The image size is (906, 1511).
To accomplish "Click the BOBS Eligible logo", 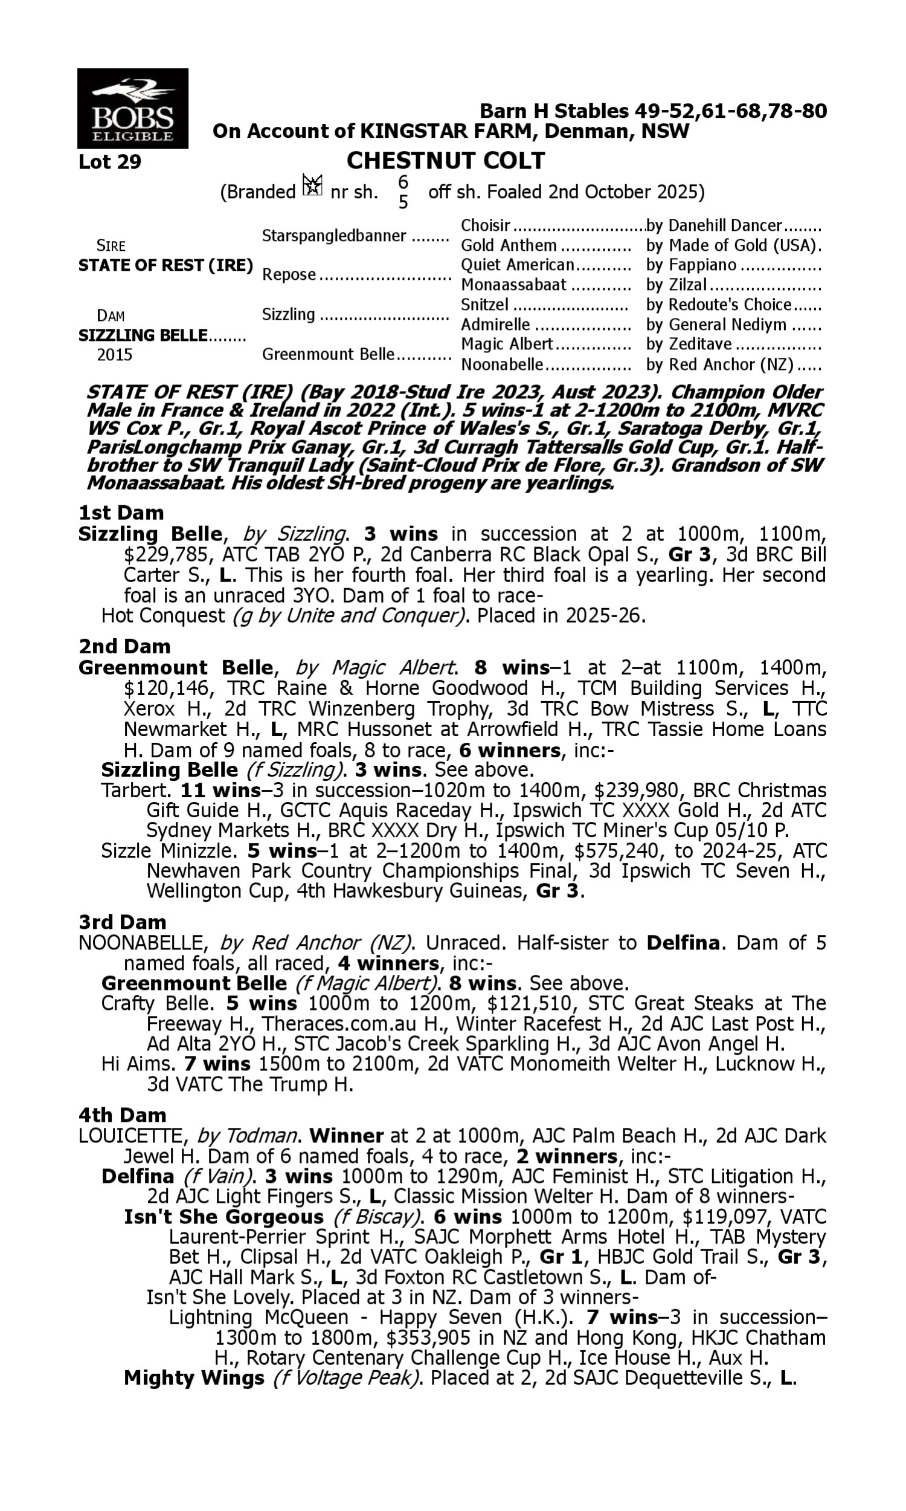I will [132, 108].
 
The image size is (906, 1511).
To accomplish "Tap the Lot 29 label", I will [110, 162].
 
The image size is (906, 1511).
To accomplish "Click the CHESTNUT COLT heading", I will [445, 161].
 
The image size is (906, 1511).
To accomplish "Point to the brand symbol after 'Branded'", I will [312, 185].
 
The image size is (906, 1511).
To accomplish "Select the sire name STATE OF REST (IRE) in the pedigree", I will [165, 266].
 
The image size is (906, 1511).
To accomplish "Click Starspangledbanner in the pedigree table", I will [334, 236].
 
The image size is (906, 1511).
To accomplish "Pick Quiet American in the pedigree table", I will [517, 265].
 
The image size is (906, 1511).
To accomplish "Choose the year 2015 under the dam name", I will [114, 355].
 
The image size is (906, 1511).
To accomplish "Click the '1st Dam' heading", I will [121, 513].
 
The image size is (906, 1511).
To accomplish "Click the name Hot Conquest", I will [163, 616].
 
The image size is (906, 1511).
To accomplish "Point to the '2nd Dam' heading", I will [124, 646].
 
